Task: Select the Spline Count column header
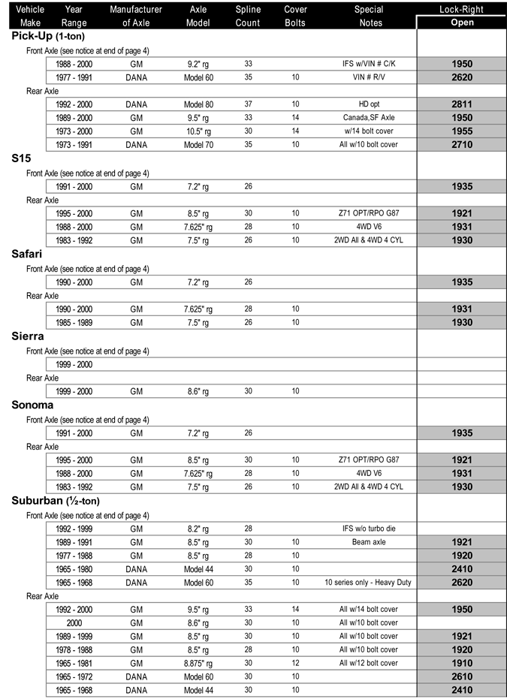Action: (x=247, y=16)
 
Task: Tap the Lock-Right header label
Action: (x=462, y=10)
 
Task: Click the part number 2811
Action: (x=462, y=104)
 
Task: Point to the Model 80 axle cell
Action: (x=199, y=104)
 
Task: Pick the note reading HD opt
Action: (x=368, y=104)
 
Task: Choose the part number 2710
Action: (x=462, y=145)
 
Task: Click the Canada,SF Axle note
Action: (x=368, y=118)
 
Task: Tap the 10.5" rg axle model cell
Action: (x=199, y=131)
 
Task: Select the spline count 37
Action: (x=248, y=104)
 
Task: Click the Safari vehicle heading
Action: (x=27, y=255)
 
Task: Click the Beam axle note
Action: (x=368, y=541)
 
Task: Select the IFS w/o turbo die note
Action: (x=368, y=528)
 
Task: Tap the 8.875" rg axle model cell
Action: (x=199, y=663)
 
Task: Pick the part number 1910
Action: (x=462, y=663)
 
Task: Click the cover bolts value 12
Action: (x=295, y=663)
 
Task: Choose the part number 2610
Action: (x=462, y=676)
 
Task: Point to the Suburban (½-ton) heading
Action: (x=56, y=501)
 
